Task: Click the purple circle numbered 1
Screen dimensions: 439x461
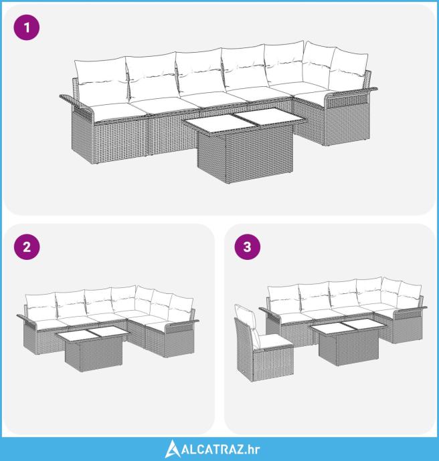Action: (27, 27)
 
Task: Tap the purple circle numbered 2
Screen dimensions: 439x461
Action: (27, 247)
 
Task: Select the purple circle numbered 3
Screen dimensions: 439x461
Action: (248, 247)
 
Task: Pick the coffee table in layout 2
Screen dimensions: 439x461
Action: (93, 349)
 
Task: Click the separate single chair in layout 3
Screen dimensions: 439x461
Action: (263, 343)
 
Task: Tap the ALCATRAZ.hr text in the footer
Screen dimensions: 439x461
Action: (221, 450)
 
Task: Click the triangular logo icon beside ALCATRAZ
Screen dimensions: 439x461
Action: (172, 449)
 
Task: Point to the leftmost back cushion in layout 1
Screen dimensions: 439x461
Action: (100, 80)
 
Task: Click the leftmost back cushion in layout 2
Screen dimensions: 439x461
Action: (41, 305)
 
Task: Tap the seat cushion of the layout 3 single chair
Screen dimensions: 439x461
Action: (275, 341)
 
